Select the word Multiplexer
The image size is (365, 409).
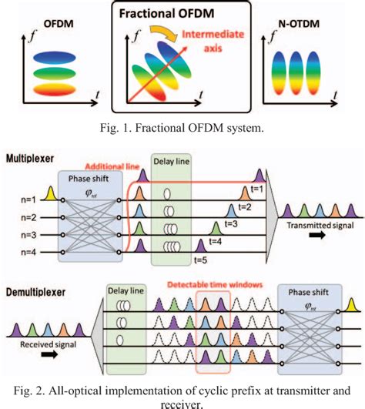coord(28,157)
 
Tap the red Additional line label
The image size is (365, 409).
coord(109,165)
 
